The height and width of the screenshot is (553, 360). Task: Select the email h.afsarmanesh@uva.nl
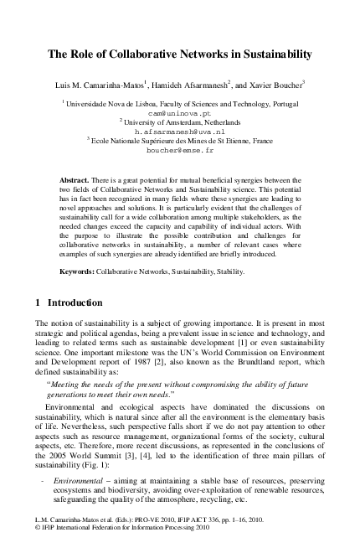click(180, 132)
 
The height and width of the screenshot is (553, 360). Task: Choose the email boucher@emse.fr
click(180, 152)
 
